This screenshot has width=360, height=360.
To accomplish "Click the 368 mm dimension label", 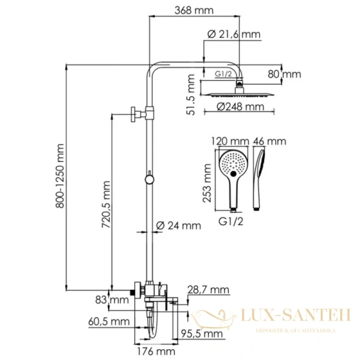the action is (x=194, y=10).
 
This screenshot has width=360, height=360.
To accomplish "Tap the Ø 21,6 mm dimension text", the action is (x=234, y=34).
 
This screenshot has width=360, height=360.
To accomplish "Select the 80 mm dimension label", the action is (x=284, y=74).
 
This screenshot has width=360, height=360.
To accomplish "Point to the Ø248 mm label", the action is (x=241, y=107).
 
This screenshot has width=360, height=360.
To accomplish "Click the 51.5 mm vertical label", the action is (x=191, y=95).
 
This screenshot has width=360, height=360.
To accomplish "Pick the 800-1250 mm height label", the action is (x=60, y=176).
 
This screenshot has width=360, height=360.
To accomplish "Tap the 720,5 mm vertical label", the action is (x=106, y=205).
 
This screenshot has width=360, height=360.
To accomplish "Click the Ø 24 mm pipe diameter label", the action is (x=178, y=226).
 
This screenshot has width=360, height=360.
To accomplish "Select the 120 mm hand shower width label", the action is (x=230, y=141).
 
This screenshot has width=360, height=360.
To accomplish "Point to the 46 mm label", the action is (x=269, y=141).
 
